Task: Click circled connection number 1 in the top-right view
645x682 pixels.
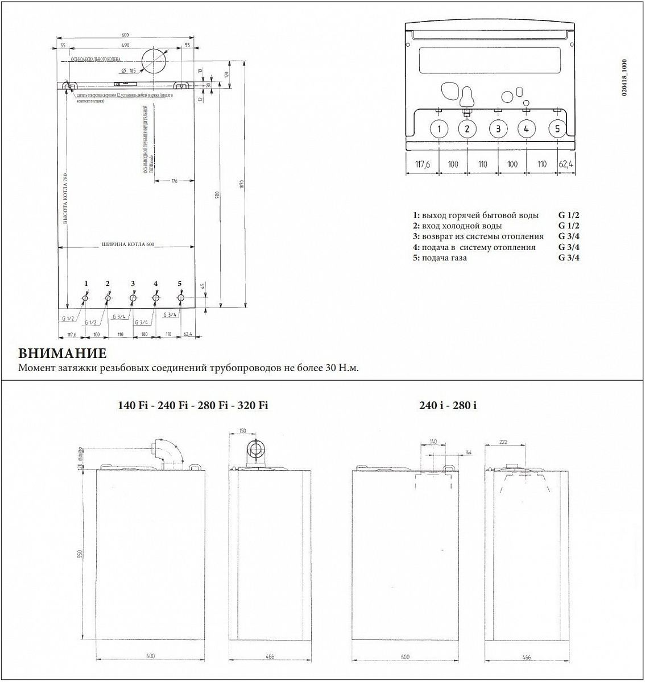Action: [439, 128]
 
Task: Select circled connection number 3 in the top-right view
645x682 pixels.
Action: [498, 128]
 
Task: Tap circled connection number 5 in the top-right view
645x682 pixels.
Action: [557, 128]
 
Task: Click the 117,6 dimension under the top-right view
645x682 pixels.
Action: [421, 164]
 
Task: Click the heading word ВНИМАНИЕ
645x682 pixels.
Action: [63, 353]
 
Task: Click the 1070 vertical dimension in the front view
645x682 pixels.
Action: [242, 185]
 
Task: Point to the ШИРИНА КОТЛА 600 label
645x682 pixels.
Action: [128, 244]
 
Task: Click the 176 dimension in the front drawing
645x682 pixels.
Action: [175, 181]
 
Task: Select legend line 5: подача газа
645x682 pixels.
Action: [444, 258]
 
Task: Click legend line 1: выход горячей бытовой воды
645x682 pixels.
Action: [476, 215]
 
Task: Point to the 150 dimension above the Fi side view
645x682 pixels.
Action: [243, 431]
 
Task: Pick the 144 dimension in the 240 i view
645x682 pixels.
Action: [468, 452]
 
